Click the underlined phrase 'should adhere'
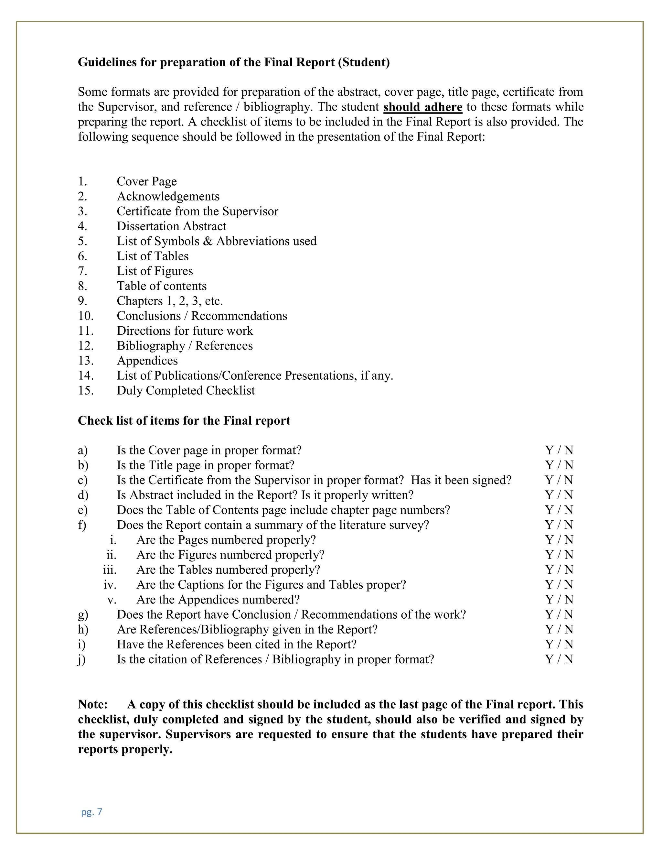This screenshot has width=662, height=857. pos(423,107)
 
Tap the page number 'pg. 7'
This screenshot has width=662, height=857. pos(91,812)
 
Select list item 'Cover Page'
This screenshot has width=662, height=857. pos(147,181)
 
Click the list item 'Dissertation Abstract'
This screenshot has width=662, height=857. pos(171,226)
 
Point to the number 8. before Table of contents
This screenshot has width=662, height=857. pos(82,286)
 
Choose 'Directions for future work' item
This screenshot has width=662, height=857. pos(185,331)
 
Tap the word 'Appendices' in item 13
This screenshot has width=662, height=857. pos(147,361)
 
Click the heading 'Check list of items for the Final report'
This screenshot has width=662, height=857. pos(184,421)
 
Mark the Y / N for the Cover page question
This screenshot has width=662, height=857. pos(559,450)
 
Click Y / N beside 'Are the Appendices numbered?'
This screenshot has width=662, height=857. pos(559,600)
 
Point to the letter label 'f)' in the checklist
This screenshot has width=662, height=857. pos(82,525)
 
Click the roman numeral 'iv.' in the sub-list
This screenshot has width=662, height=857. pos(110,585)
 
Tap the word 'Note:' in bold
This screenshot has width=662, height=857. pos(92,704)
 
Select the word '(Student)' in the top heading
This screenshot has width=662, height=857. pos(364,62)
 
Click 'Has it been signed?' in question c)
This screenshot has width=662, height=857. pos(461,480)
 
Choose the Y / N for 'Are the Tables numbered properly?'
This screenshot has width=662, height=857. pos(559,570)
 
